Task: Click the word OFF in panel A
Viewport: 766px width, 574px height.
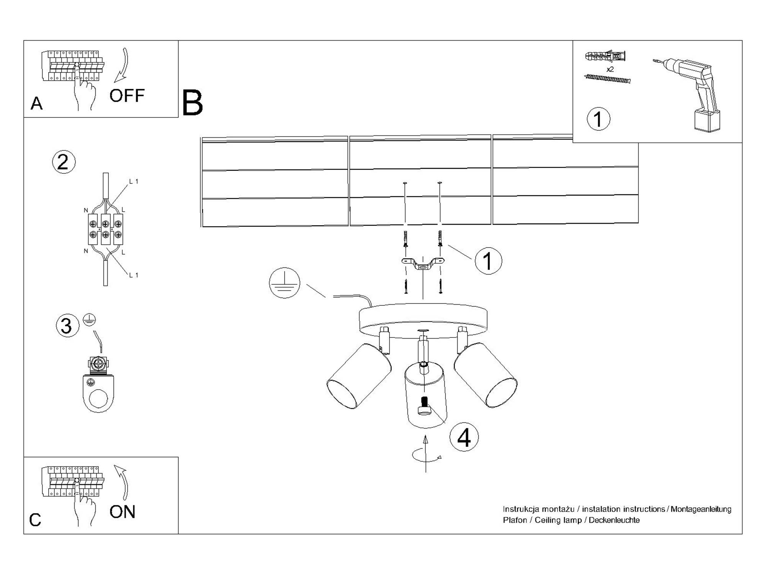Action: tap(127, 96)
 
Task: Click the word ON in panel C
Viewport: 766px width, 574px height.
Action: tap(122, 512)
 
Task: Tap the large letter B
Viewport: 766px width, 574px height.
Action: tap(192, 103)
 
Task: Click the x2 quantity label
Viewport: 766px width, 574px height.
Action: tap(610, 69)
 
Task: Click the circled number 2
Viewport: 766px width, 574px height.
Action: tap(64, 162)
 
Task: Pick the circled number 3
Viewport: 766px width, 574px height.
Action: tap(67, 326)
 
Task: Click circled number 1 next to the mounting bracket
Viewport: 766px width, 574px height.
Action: tap(488, 261)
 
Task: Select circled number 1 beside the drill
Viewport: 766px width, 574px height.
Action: tap(598, 119)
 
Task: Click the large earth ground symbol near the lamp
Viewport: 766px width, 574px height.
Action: tap(284, 283)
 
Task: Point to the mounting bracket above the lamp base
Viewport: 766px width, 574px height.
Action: tap(423, 264)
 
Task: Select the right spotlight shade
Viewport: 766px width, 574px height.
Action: tap(486, 375)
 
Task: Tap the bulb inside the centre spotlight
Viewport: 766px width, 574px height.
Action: tap(424, 406)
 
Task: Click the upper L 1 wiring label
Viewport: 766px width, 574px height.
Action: tap(133, 181)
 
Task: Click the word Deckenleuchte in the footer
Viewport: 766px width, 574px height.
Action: tap(614, 520)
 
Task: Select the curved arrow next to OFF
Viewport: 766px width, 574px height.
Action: tap(122, 65)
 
